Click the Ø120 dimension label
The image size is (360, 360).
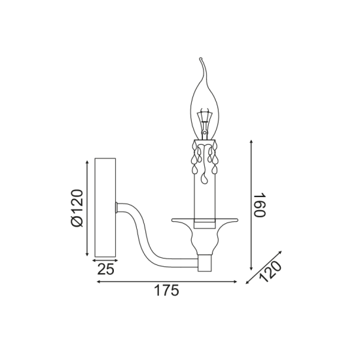[x=77, y=207]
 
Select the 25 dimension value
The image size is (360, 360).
[x=105, y=269]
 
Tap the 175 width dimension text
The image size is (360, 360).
[x=167, y=291]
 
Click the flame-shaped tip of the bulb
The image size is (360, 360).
[x=202, y=65]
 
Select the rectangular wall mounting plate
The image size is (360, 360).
[x=105, y=207]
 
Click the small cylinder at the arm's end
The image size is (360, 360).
[x=206, y=262]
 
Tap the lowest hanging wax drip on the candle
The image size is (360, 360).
[x=204, y=179]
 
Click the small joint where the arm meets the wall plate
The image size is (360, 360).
[x=117, y=207]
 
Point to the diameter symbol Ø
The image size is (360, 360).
[x=77, y=221]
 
